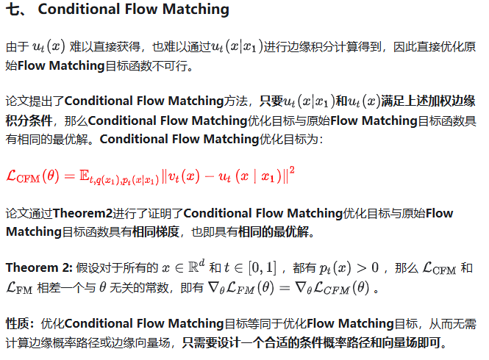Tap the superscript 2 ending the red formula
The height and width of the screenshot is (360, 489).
[x=292, y=170]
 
